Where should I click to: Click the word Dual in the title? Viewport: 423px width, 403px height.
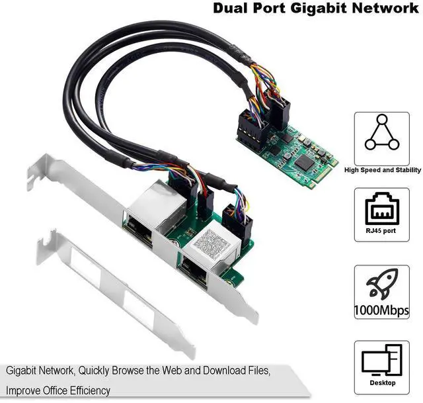[x=232, y=9]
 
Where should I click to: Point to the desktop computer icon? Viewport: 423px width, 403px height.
[x=381, y=360]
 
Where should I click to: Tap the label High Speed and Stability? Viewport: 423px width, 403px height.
[x=381, y=170]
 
